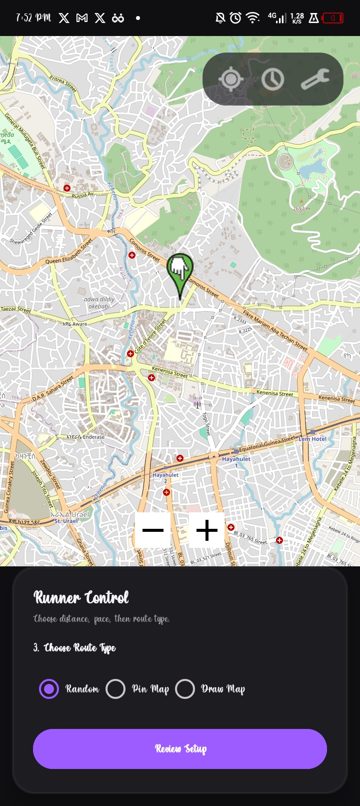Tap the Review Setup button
(180, 748)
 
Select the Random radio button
(49, 689)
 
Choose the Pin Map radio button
(115, 689)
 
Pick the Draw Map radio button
(185, 689)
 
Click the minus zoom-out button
(153, 530)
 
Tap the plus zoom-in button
(207, 530)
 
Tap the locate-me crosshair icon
(230, 79)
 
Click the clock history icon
(272, 79)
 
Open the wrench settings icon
(315, 79)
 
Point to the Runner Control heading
(81, 597)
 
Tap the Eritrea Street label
(63, 84)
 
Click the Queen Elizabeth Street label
(69, 252)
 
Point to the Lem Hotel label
(312, 439)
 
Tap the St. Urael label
(66, 521)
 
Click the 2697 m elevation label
(301, 208)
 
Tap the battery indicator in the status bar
(332, 19)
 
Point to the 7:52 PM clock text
(33, 18)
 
